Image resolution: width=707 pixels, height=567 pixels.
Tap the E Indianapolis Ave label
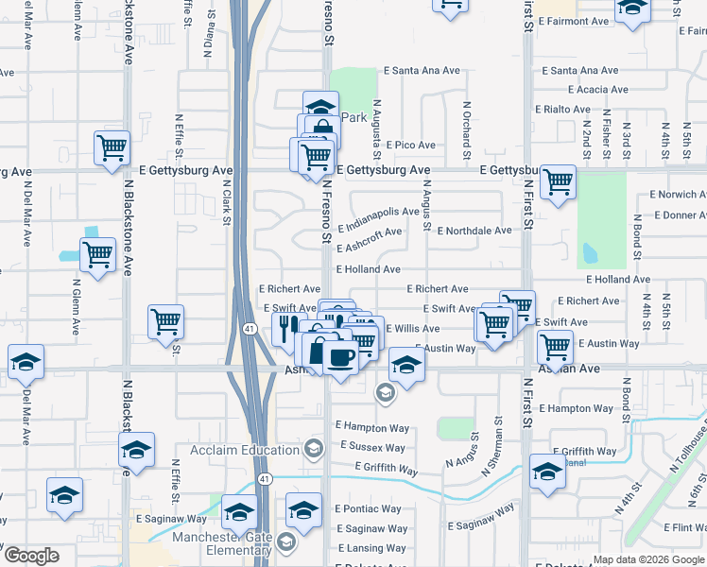tap(378, 220)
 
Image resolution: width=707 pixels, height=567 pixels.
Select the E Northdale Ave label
tap(477, 231)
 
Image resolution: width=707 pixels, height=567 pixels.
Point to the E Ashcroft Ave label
tap(370, 240)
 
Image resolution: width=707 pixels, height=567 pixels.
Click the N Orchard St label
tap(467, 129)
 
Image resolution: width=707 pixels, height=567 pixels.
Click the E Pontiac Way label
tap(369, 508)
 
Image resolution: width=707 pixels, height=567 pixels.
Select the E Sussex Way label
tap(371, 447)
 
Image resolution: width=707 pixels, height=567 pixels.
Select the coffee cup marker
tap(340, 357)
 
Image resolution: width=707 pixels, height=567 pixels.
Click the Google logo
tap(32, 556)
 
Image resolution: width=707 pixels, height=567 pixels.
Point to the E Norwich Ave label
tap(678, 195)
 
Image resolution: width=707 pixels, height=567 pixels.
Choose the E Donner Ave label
tap(679, 215)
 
